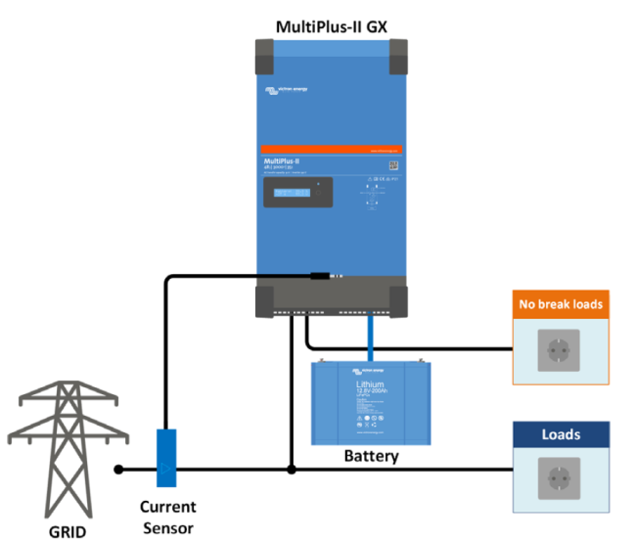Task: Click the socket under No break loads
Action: coord(560,349)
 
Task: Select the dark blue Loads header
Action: coord(561,434)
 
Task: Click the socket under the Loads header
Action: coord(560,478)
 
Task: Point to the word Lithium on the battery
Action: coord(370,385)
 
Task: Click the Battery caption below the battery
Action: coord(371,456)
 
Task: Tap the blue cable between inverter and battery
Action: coord(371,338)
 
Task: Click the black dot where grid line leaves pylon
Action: coord(118,470)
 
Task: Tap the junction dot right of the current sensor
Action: coord(291,470)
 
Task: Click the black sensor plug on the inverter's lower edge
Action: coord(320,277)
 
